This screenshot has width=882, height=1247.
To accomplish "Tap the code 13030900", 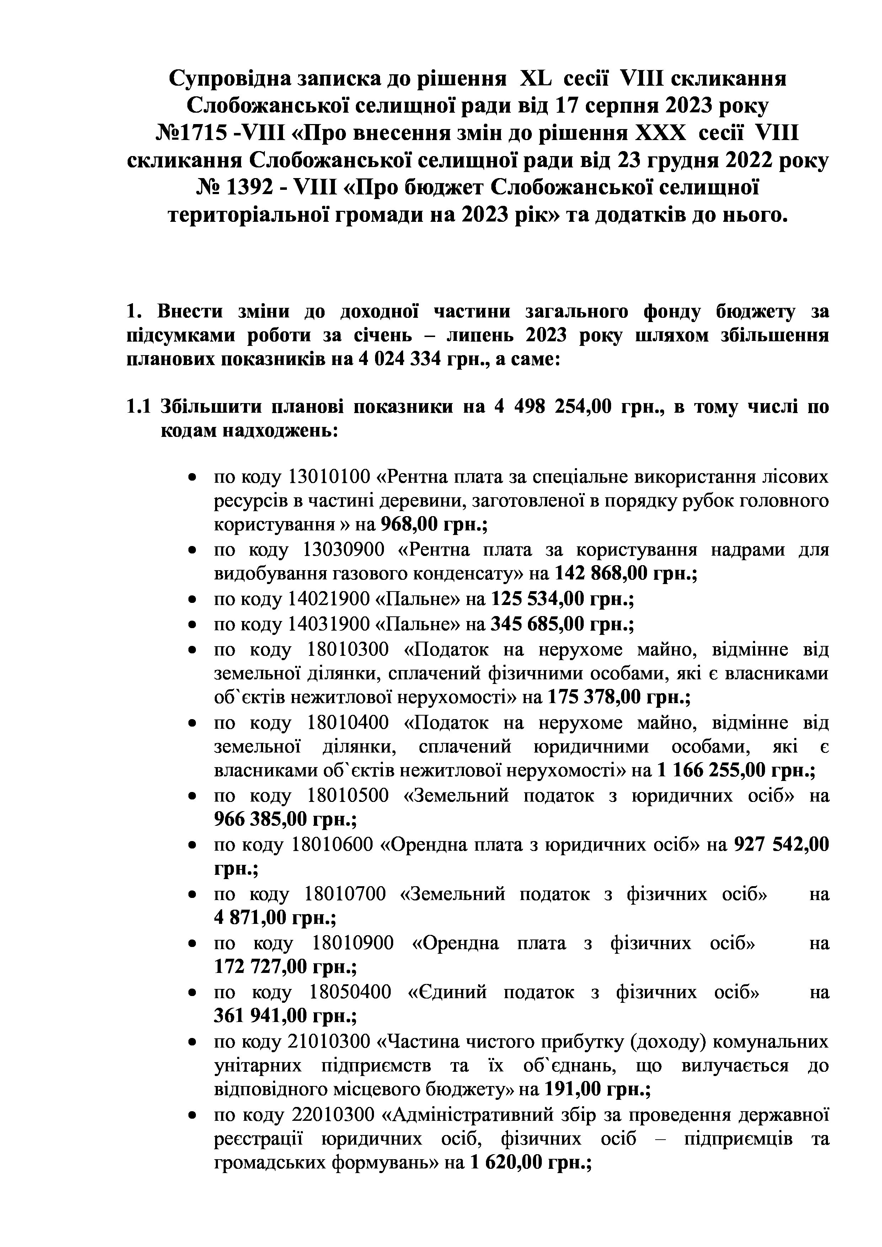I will pos(343,550).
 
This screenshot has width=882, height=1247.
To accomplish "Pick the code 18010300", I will pos(348,649).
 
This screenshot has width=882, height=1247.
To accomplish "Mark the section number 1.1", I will pos(138,407).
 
